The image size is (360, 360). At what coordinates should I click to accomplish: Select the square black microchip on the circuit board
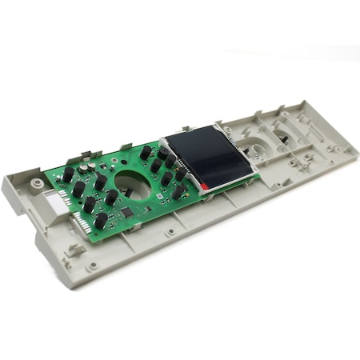coord(126,213)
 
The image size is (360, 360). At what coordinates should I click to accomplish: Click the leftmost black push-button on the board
coord(69,174)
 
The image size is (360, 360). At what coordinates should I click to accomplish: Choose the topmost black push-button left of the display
coord(146,151)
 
